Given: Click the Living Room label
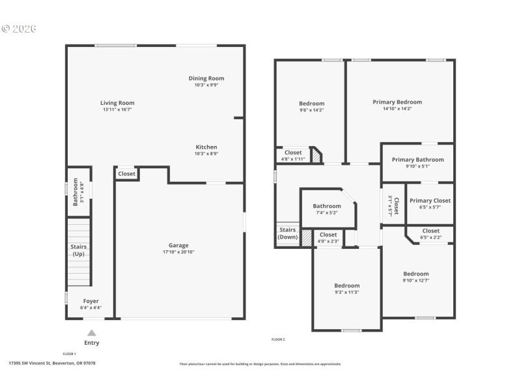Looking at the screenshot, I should click(117, 103).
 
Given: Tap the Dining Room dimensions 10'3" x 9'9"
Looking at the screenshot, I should click(206, 85).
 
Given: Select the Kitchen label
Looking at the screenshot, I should click(206, 147).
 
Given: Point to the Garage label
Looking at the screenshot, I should click(178, 245).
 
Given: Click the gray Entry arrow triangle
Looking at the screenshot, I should click(92, 332).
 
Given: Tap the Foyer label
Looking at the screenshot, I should click(91, 301).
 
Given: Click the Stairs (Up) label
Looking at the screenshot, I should click(78, 250).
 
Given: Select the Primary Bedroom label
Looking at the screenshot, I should click(397, 102).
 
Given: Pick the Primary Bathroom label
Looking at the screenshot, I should click(417, 160).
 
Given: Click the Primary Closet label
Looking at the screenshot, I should click(430, 201).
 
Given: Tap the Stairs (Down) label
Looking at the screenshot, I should click(288, 233).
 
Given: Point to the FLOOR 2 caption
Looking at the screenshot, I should click(278, 340).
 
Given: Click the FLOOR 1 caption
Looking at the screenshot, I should click(69, 354).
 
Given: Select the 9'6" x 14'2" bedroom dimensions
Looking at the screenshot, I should click(311, 110).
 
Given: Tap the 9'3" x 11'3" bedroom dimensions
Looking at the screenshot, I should click(346, 293).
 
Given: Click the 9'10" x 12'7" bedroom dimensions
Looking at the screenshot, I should click(415, 281).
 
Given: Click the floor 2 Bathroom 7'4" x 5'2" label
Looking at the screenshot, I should click(327, 206).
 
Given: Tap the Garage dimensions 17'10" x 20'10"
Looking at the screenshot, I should click(178, 252).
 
